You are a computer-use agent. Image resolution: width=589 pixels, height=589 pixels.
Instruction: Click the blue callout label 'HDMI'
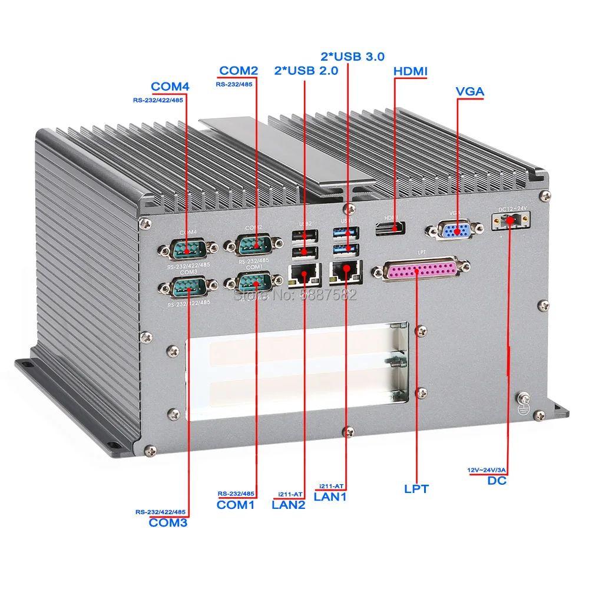click(410, 71)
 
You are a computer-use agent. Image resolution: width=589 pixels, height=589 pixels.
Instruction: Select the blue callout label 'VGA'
click(470, 92)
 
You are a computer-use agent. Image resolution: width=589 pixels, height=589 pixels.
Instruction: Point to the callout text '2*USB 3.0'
click(352, 57)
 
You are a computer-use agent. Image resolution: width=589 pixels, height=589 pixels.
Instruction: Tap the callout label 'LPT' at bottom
click(416, 489)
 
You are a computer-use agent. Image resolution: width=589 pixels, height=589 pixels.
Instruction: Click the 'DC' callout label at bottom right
click(497, 481)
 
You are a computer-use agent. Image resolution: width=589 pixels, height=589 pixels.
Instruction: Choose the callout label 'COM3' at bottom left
click(168, 522)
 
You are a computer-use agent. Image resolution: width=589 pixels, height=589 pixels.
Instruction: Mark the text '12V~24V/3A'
click(487, 469)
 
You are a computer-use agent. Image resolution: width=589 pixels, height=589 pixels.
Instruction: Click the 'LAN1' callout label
click(330, 497)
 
